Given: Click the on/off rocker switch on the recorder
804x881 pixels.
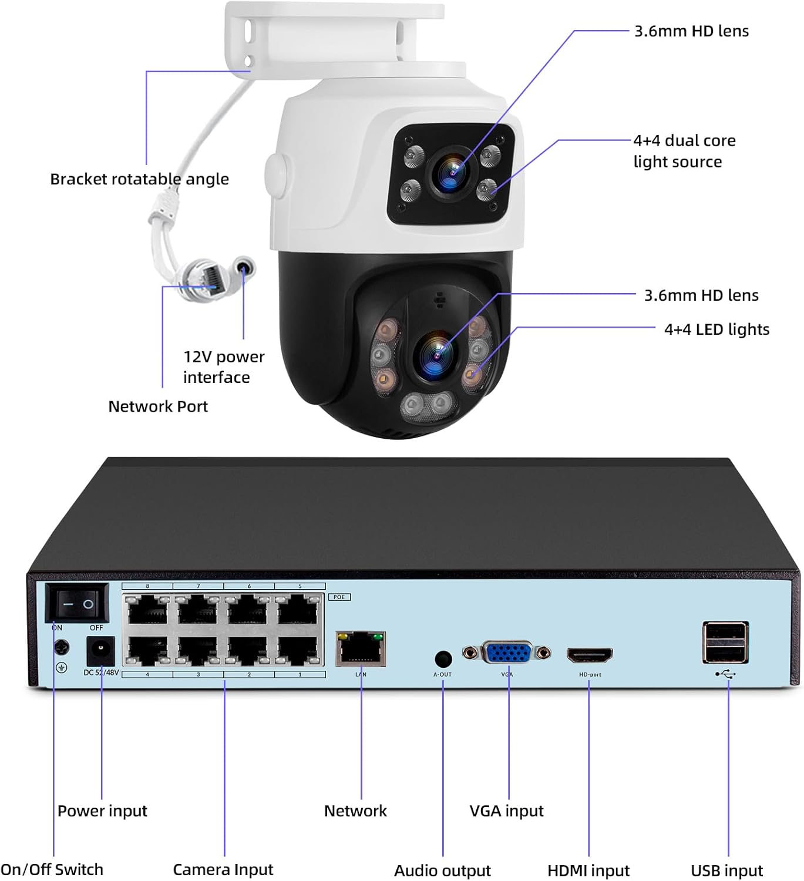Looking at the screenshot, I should (x=78, y=603).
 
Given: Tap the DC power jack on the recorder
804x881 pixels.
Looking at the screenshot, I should (x=100, y=651).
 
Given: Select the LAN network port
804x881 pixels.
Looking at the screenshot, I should (x=361, y=649).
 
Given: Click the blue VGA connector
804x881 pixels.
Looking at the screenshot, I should (x=507, y=653).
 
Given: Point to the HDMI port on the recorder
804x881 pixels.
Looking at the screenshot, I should (x=589, y=654).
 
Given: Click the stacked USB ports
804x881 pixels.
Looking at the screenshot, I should (x=725, y=642).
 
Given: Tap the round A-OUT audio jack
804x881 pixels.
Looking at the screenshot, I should (x=443, y=658).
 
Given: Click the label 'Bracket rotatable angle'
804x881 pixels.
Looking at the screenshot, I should (x=139, y=179).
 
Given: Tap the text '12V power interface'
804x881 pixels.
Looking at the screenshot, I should (x=223, y=367).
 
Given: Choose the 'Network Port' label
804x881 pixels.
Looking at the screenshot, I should (x=158, y=406).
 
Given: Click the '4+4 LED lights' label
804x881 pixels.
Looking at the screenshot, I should (x=716, y=329).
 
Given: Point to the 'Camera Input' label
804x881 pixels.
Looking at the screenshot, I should (x=223, y=869).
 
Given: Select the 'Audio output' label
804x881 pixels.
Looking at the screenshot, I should (x=442, y=870).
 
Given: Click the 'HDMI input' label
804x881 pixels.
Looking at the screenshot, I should (x=588, y=870).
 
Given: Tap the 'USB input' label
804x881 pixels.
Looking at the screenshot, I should (x=726, y=870).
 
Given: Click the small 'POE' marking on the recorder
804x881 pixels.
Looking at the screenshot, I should (x=339, y=597).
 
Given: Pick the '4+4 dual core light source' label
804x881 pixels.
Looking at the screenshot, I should (x=684, y=151).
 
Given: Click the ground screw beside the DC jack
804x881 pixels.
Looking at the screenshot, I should (x=62, y=648).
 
